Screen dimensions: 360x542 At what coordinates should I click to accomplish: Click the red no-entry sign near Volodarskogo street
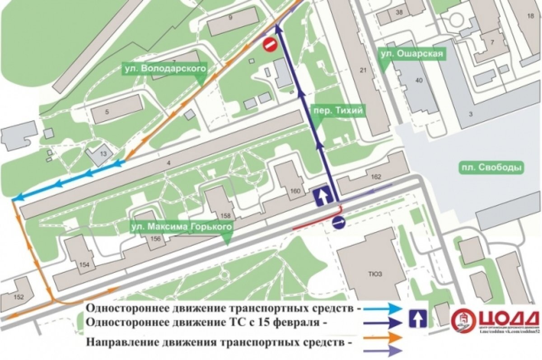click(x=270, y=44)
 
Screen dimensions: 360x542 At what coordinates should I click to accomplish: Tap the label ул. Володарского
click(x=164, y=69)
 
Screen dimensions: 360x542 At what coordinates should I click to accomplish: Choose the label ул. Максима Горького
click(x=182, y=226)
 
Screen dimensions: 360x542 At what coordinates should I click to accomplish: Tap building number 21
click(x=362, y=70)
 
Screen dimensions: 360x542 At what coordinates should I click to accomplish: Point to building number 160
click(x=295, y=191)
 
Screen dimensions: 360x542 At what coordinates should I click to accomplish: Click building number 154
click(x=84, y=265)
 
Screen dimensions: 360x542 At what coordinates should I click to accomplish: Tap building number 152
click(x=19, y=297)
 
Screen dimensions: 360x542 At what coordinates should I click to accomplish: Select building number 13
click(x=103, y=154)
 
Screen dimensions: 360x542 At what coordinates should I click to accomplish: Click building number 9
click(x=230, y=18)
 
